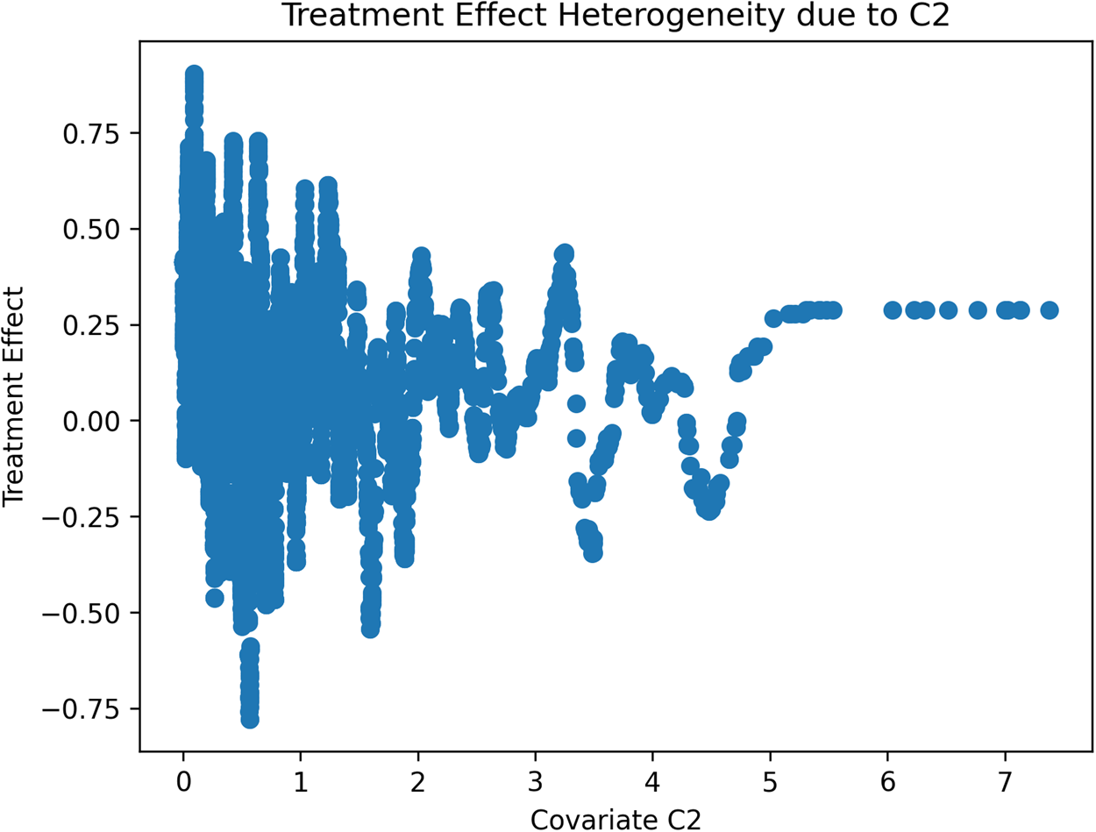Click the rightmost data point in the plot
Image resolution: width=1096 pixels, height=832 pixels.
1049,309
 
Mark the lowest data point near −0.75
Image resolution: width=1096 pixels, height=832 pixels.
250,719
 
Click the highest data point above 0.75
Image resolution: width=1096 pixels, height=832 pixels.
194,74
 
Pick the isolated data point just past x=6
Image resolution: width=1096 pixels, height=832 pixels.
893,309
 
